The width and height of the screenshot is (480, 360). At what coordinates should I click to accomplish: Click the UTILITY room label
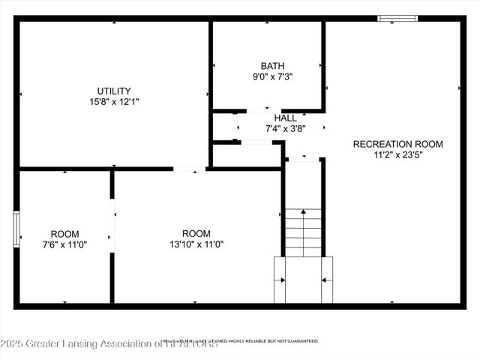113,91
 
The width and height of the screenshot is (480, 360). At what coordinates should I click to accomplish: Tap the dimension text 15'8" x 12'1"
113,103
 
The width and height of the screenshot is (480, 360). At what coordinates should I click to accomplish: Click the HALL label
285,118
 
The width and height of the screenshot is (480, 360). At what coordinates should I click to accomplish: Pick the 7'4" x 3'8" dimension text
285,128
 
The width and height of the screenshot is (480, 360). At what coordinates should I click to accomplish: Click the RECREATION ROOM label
397,144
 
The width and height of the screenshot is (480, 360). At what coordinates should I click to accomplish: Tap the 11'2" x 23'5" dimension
397,155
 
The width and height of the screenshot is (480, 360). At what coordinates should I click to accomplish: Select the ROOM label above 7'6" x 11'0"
64,234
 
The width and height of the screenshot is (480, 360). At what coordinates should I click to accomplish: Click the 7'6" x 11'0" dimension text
64,244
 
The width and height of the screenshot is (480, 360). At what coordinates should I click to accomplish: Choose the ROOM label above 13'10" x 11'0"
196,233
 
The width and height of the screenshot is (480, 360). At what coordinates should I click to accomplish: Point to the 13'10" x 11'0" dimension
196,244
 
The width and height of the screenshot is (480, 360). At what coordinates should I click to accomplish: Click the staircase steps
303,232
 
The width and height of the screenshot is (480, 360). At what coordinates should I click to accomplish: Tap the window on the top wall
398,18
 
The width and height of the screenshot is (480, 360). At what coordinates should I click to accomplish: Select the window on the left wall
16,228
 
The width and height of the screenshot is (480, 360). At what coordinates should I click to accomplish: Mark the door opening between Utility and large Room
190,169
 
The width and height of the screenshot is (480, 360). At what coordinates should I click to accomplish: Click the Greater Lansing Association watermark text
109,344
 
